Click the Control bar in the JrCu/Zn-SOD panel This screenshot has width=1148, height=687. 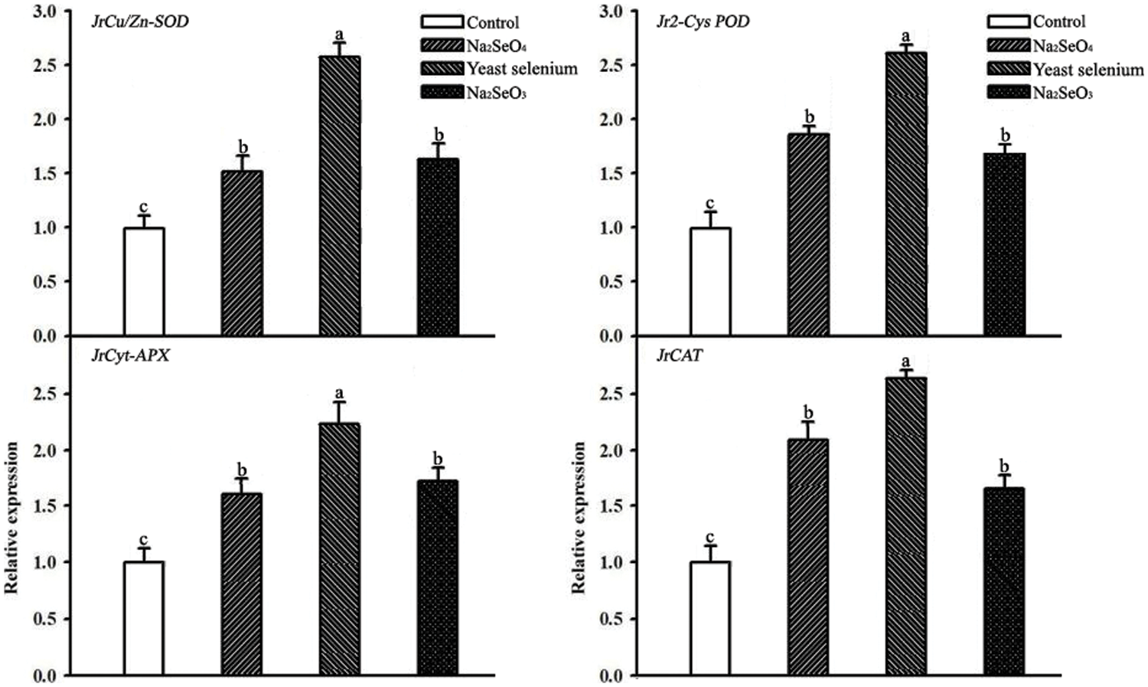tap(144, 281)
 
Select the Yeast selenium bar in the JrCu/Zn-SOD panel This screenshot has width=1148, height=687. tap(340, 196)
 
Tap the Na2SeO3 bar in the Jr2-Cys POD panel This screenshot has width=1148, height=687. tap(1005, 244)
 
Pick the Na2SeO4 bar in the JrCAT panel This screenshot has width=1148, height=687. tap(808, 557)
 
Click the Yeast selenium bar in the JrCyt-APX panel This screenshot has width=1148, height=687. tap(340, 548)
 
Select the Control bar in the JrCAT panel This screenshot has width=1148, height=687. tap(710, 618)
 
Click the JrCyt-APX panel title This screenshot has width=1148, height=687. tap(130, 357)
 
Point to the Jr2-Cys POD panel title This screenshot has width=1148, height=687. tap(703, 21)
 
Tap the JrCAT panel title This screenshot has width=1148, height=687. tap(680, 357)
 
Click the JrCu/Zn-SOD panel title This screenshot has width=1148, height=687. tap(139, 21)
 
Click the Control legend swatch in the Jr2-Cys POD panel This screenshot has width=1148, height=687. tap(1008, 22)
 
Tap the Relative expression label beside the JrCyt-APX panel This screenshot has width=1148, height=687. tap(11, 517)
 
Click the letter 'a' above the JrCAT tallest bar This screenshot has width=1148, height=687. tap(906, 361)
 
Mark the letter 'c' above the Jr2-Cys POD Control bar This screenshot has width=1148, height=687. tap(710, 204)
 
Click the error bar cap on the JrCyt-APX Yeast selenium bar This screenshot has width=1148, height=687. tap(340, 402)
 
